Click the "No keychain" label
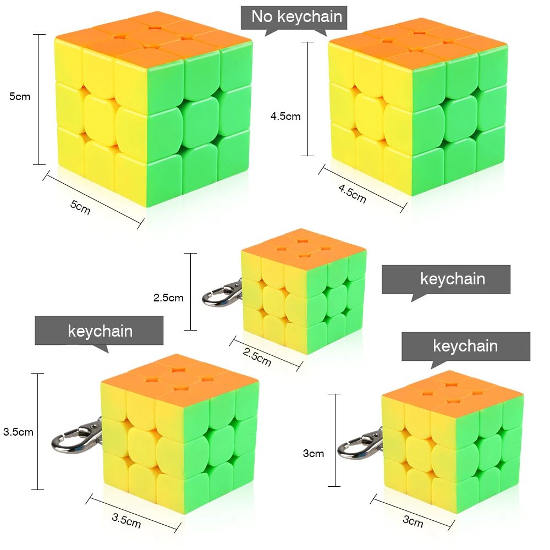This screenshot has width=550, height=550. [296, 16]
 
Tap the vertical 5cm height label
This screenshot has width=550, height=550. [20, 97]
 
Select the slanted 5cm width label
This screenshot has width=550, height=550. [80, 207]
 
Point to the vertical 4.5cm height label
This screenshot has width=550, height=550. [285, 116]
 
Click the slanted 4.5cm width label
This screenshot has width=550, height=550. [353, 194]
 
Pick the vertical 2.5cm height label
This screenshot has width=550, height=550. [168, 298]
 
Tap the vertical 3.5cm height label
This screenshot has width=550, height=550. [18, 432]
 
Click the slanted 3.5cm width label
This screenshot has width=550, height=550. [126, 520]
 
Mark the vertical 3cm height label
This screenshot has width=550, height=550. [313, 454]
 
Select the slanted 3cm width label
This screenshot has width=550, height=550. [413, 520]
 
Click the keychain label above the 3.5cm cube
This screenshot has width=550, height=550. [100, 331]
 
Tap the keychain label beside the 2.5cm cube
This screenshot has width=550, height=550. [452, 279]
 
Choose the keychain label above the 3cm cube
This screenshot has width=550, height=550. [465, 346]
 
